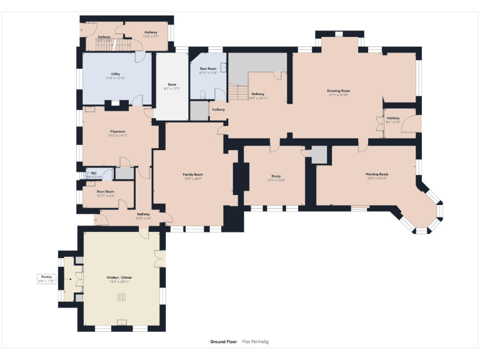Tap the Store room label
pos(171,84)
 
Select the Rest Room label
pos(208,69)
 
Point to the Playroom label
pos(117,131)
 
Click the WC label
pos(93,173)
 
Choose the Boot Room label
pos(106,192)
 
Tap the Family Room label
pos(192,174)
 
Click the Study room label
pos(276,176)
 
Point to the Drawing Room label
pos(338,91)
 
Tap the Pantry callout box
pos(47,279)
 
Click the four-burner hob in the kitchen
pos(121,297)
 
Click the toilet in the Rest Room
pos(204,94)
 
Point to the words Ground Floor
pos(222,342)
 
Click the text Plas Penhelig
pos(255,342)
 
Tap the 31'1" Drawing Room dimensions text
pos(338,95)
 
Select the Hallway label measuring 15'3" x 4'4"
pos(143,218)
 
